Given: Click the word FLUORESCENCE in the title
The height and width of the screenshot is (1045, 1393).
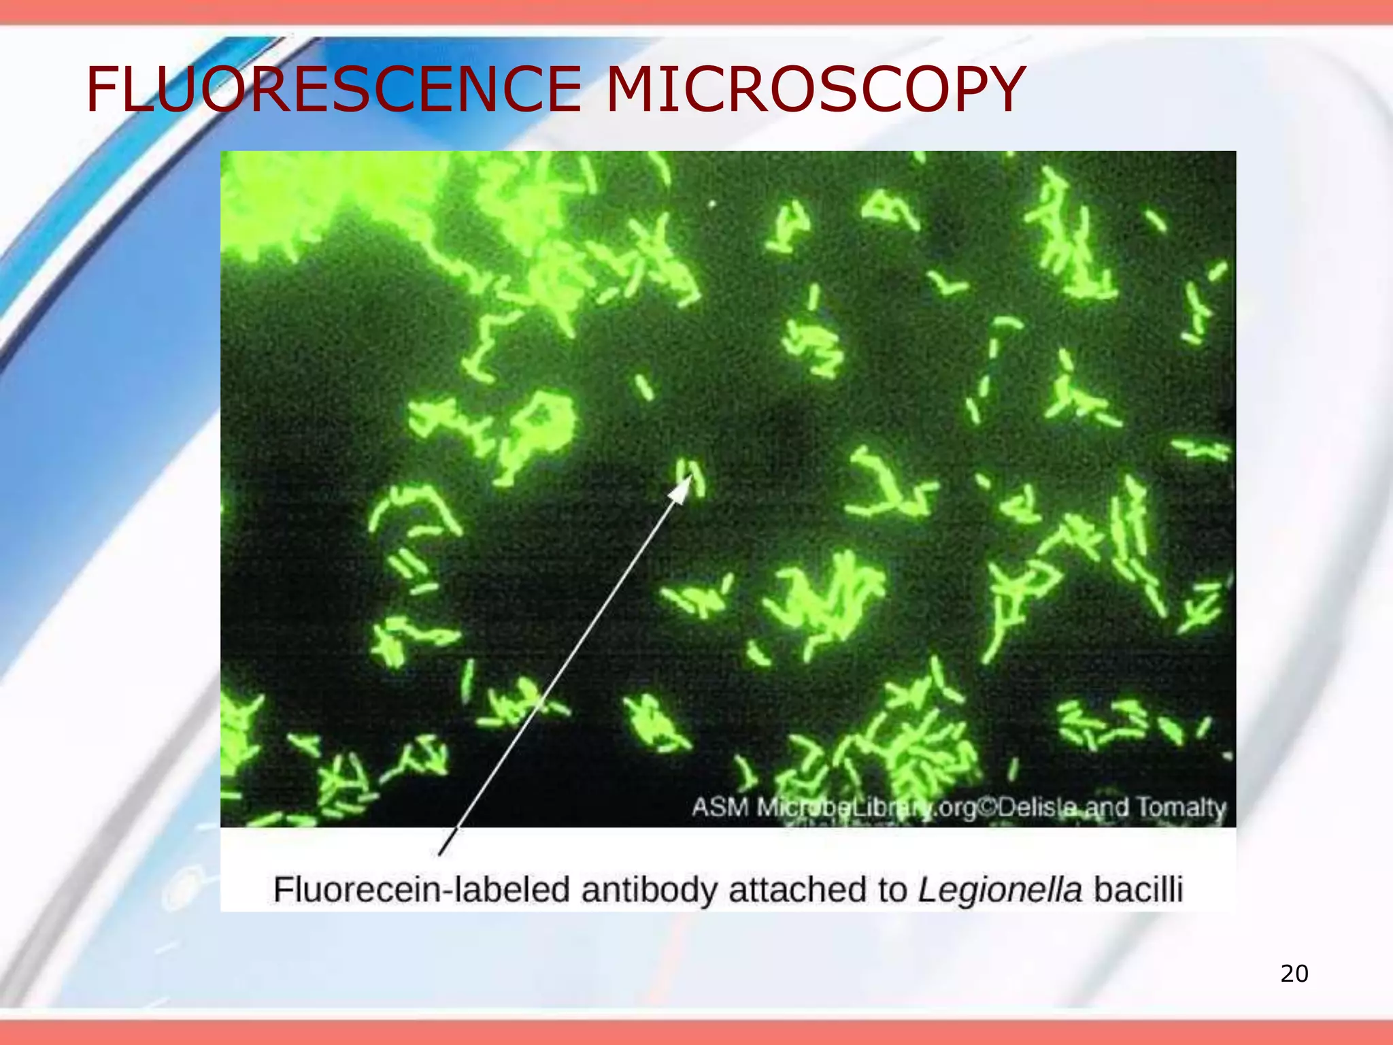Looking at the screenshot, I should coord(333,89).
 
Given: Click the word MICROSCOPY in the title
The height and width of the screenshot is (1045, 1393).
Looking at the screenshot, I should coord(814,89).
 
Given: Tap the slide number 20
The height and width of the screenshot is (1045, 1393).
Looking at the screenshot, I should coord(1294,974).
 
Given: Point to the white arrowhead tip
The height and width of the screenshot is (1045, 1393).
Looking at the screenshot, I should coord(690,476).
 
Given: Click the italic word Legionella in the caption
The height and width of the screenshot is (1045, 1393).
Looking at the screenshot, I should coord(999,890).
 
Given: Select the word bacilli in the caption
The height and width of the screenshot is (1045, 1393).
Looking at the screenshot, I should coord(1138,890).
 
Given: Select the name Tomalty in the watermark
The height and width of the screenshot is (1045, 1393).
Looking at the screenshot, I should coord(1181,808).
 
